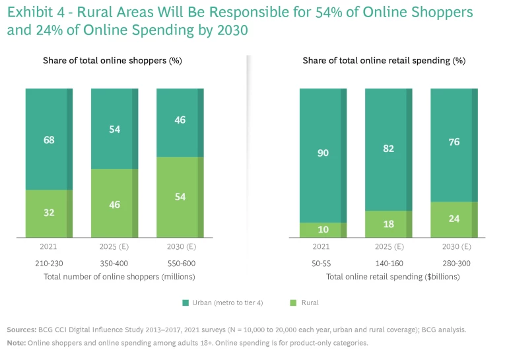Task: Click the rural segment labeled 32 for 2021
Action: coord(49,213)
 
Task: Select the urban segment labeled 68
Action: coord(49,139)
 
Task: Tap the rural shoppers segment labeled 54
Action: coord(180,197)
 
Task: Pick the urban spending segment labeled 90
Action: coord(322,153)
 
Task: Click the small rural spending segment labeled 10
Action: coord(322,229)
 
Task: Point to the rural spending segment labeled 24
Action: coord(454,219)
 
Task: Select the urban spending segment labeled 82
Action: coord(388,149)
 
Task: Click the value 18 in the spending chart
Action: coord(388,224)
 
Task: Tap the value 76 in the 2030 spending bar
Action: coord(454,143)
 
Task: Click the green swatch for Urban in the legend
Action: coord(186,303)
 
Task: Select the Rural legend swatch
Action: coord(294,303)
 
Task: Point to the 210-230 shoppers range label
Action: coord(49,264)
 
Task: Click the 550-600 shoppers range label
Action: coord(180,264)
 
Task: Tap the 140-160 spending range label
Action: coord(388,264)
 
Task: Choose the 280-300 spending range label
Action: coord(454,264)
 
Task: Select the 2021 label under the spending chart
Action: coord(322,247)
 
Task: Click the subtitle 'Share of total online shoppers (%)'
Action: coord(112,61)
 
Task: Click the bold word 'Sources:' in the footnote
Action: coord(21,329)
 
